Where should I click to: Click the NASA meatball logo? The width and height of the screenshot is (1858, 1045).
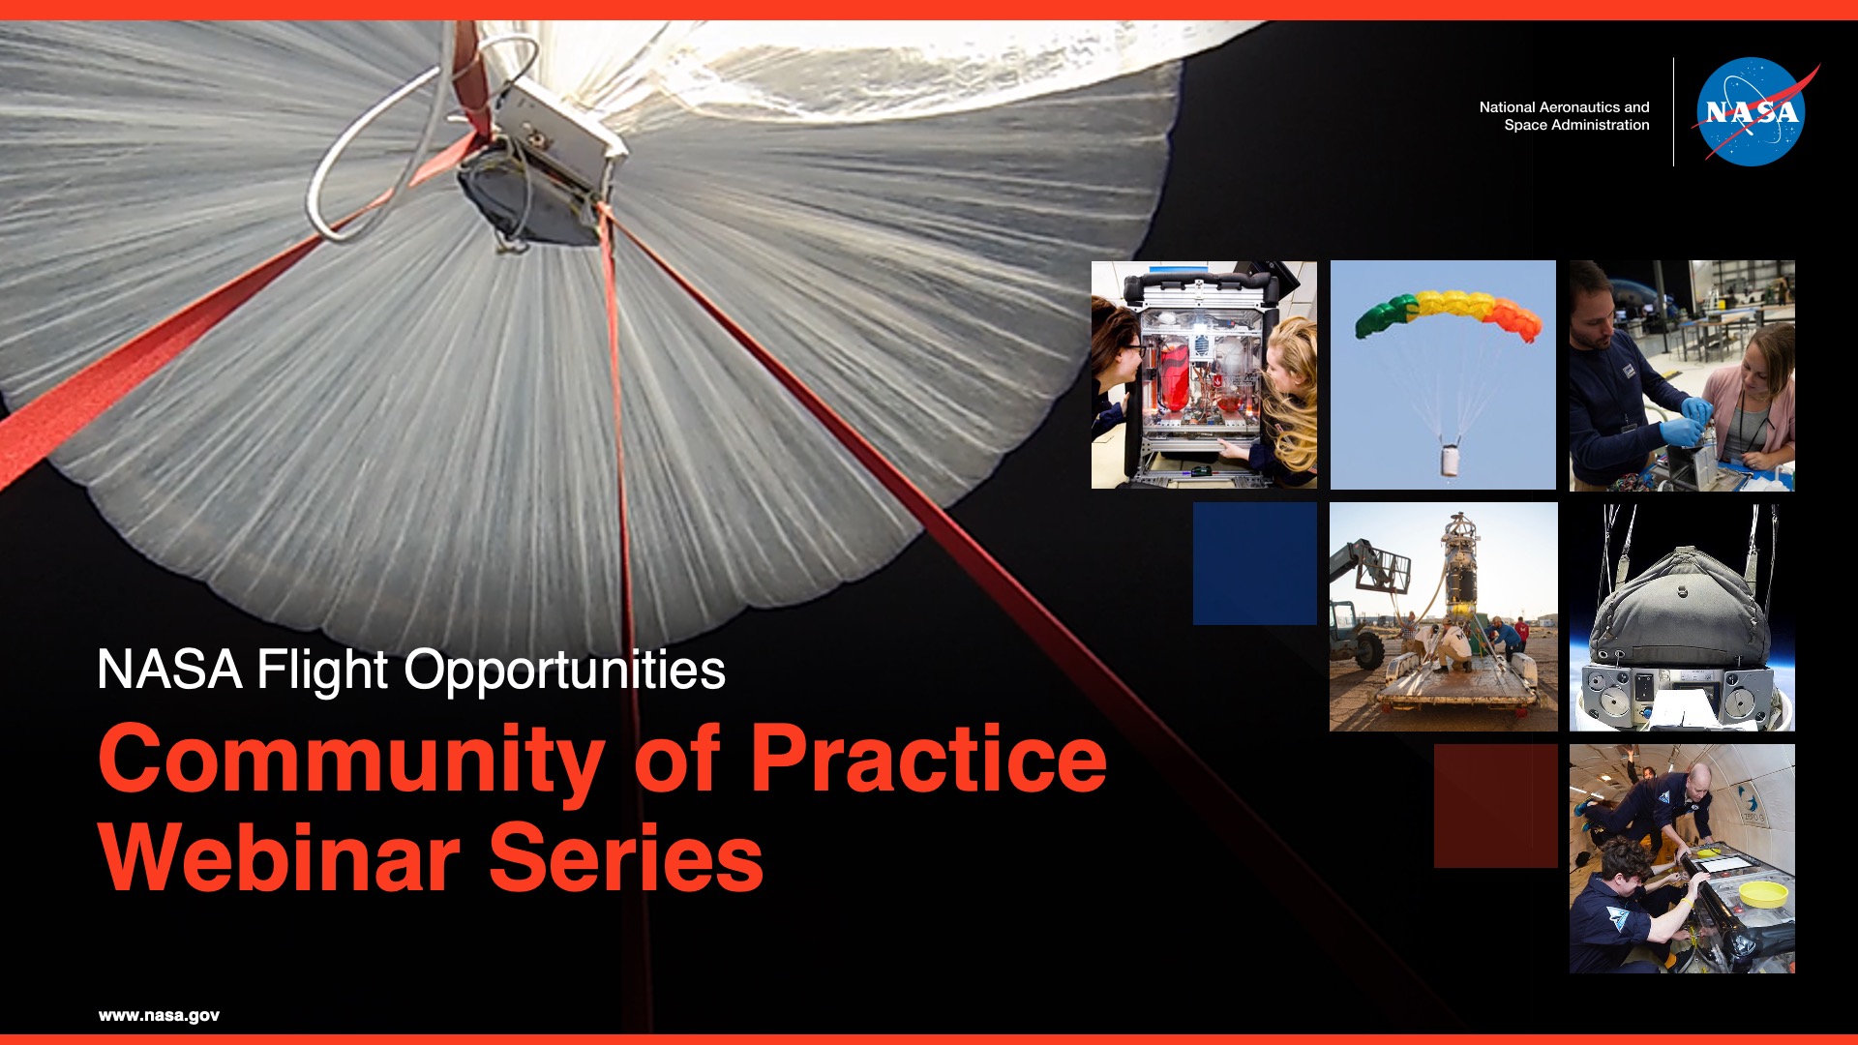(x=1752, y=111)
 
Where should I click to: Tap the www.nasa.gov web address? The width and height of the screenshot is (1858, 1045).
(x=159, y=1015)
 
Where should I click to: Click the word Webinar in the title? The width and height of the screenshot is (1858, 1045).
(x=280, y=857)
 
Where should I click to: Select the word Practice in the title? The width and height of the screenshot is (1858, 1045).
(x=928, y=759)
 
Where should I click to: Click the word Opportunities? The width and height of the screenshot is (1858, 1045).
(x=564, y=671)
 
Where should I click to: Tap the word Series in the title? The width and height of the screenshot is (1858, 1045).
(x=626, y=857)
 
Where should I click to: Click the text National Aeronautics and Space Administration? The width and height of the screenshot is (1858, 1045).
(x=1564, y=116)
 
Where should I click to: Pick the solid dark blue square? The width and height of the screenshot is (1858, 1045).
(x=1254, y=563)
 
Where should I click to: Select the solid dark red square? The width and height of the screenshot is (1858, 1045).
(x=1495, y=806)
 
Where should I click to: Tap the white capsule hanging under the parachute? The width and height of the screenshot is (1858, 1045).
(x=1450, y=458)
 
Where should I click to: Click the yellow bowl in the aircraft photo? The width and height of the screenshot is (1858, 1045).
(x=1763, y=893)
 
